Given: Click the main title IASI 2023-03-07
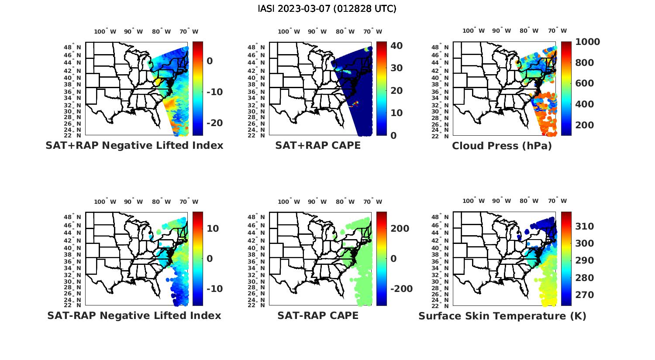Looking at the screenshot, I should (327, 9).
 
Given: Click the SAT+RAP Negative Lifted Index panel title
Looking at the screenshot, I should (134, 145).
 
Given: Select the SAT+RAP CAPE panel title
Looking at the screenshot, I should (318, 145).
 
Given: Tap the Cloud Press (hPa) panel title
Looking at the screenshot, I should (502, 146).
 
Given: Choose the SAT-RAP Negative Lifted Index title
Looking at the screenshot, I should (134, 315).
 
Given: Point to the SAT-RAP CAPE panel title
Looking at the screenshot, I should (318, 315).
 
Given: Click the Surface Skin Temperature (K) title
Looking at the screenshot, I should (502, 316).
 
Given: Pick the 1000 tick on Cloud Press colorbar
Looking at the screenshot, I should (587, 42).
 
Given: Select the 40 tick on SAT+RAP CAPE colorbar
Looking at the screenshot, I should (396, 46).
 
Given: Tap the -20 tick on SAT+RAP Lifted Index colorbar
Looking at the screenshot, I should (214, 123).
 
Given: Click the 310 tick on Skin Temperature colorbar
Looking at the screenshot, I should (584, 226).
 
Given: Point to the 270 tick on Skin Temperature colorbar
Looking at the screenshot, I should (584, 295).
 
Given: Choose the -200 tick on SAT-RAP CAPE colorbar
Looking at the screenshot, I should (401, 289).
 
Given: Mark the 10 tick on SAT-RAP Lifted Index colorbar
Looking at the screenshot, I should (213, 229).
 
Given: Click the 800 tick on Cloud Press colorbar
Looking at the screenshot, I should (584, 63).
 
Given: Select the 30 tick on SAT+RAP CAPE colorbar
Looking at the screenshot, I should (396, 68).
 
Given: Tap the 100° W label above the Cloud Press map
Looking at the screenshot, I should (473, 31).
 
